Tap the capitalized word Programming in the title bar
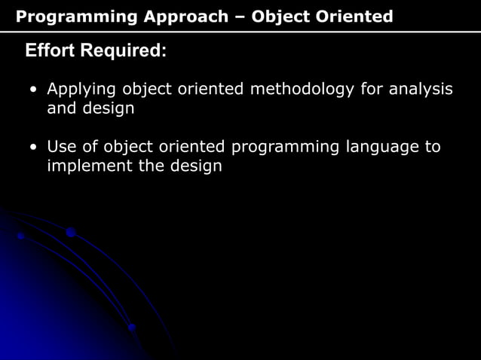(x=72, y=16)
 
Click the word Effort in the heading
(x=51, y=52)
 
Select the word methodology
(x=302, y=90)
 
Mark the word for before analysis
(x=371, y=90)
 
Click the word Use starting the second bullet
(x=61, y=147)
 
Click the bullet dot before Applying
(x=33, y=91)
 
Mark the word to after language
(x=433, y=147)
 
